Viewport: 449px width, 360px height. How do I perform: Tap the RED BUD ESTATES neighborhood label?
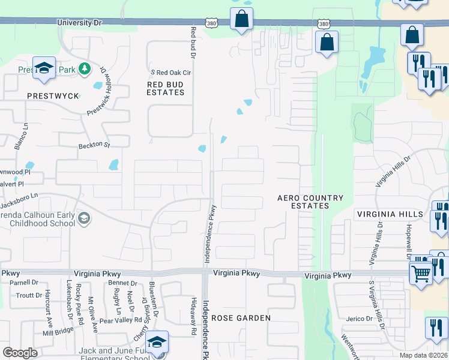[165, 89]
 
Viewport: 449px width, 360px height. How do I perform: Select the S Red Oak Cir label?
[170, 73]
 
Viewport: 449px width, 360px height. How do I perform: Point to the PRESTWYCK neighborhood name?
[53, 96]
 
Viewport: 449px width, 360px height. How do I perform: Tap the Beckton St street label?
[94, 145]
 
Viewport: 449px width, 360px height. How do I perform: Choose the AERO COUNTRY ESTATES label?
[310, 202]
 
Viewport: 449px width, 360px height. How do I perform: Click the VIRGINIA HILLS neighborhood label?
[390, 214]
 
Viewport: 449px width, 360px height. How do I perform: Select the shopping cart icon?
[420, 273]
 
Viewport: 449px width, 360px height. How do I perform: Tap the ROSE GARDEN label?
[241, 318]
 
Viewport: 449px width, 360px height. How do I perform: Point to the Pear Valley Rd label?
[121, 321]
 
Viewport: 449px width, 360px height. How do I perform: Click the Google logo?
[20, 353]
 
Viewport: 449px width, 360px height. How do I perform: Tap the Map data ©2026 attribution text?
[424, 355]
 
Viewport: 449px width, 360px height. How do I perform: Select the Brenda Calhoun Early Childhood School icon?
[84, 218]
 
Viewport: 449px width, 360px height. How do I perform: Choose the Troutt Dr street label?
[29, 295]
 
